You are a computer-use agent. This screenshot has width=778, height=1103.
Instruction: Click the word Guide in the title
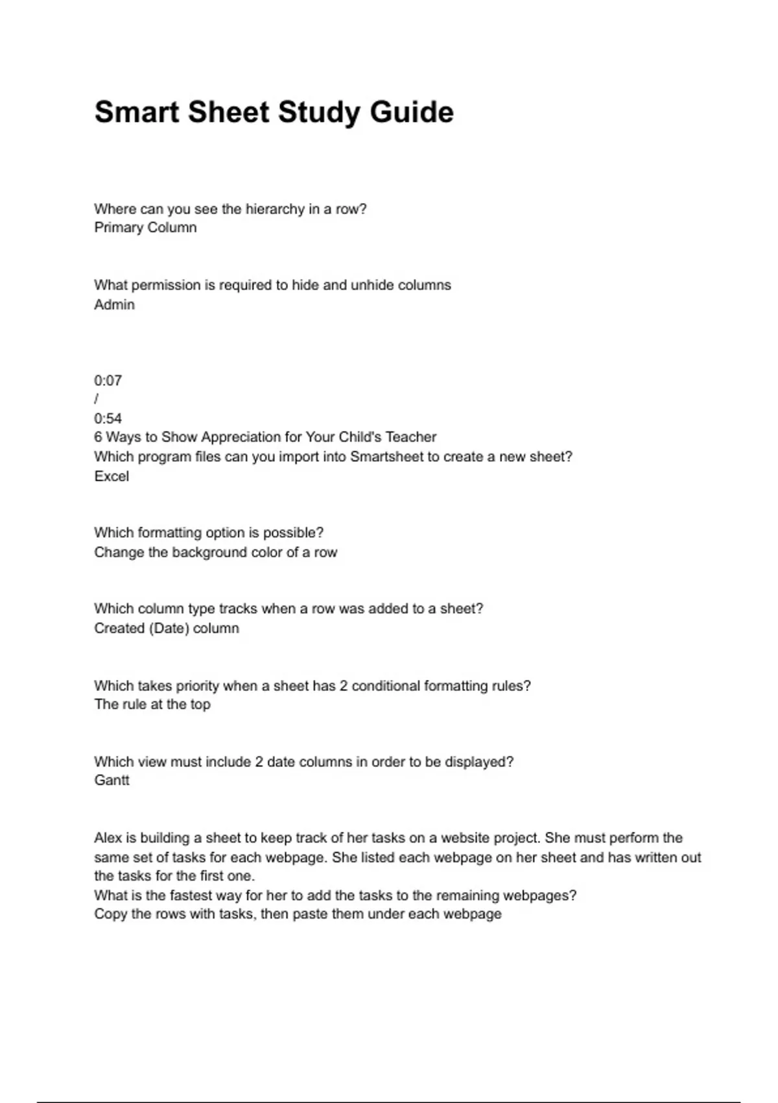[412, 112]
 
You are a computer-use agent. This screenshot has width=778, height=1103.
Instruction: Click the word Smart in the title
[136, 112]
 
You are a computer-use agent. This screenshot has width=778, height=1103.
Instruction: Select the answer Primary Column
[145, 228]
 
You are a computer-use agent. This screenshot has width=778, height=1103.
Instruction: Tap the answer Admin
[114, 305]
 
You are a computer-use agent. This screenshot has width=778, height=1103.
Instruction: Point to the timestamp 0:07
[108, 381]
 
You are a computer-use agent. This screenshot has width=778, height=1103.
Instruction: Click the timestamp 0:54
[108, 418]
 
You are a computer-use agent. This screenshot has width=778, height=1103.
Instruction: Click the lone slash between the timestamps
[97, 399]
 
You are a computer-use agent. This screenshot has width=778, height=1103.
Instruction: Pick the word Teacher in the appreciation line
[411, 437]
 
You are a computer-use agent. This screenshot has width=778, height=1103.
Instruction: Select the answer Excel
[112, 476]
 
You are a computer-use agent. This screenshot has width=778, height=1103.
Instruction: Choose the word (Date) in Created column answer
[169, 629]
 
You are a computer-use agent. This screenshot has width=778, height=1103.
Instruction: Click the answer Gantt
[112, 781]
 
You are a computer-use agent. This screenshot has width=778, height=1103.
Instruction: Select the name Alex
[107, 838]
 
